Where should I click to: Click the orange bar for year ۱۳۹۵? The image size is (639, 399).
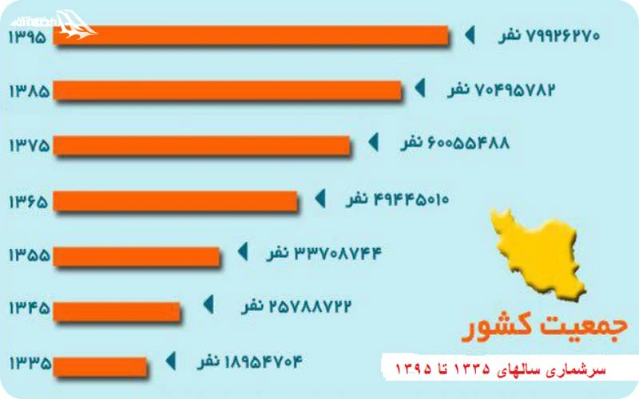[252, 36]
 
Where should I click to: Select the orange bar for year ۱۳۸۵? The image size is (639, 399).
[228, 90]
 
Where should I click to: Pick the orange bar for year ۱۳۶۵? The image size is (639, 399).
[177, 199]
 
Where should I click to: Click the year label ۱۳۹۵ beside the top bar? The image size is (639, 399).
[29, 37]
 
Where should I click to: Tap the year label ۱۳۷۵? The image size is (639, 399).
[29, 145]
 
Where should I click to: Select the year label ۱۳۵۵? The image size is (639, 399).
[29, 255]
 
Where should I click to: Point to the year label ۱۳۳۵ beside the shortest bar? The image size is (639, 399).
[29, 365]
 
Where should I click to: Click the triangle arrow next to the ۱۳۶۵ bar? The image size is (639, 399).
[321, 198]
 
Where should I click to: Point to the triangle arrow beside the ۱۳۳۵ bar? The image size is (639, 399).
[169, 361]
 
